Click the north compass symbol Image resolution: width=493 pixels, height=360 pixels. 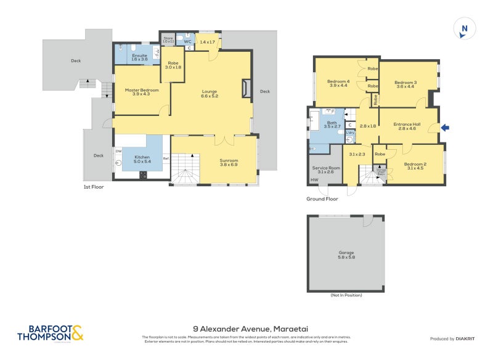[x=465, y=29]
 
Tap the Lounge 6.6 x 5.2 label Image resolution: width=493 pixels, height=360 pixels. [x=210, y=94]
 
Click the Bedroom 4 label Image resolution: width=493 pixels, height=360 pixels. [x=338, y=84]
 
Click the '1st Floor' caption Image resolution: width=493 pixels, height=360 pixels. [x=94, y=186]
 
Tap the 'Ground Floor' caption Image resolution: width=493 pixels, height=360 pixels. [x=322, y=199]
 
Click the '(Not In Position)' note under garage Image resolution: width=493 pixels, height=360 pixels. [x=346, y=295]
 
